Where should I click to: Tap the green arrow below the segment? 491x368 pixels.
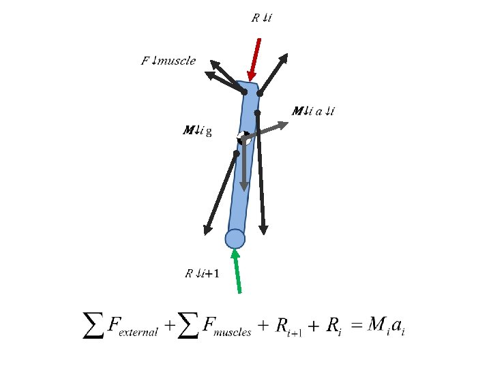pyautogui.click(x=237, y=271)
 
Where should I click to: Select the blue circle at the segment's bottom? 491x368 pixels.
pyautogui.click(x=235, y=239)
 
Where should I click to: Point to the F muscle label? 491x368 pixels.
pyautogui.click(x=168, y=61)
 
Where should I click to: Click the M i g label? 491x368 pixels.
pyautogui.click(x=198, y=130)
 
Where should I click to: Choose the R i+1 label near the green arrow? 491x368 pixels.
pyautogui.click(x=203, y=274)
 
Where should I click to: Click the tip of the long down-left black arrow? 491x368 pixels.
pyautogui.click(x=205, y=233)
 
